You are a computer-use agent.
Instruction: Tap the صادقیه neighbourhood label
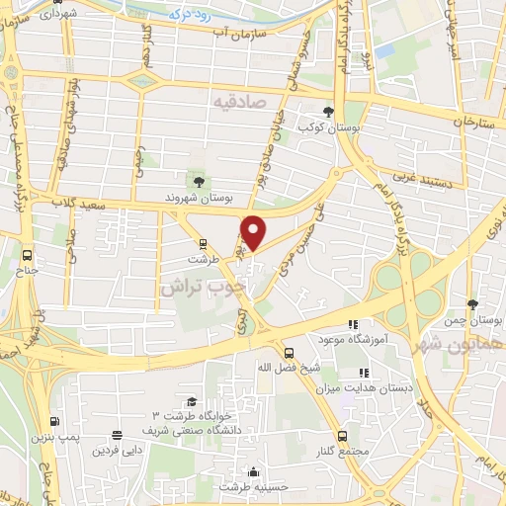(242, 100)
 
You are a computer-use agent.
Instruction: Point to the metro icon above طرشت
(204, 242)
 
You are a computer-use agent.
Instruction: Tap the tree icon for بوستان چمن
(472, 304)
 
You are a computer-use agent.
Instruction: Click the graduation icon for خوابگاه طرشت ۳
(191, 400)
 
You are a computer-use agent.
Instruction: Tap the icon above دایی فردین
(118, 434)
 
